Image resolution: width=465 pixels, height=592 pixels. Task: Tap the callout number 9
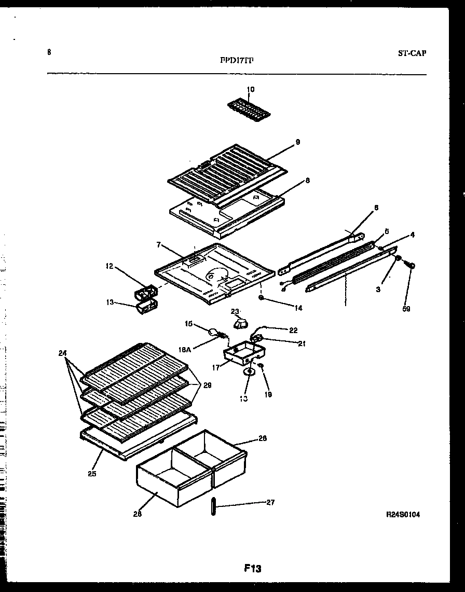click(x=298, y=141)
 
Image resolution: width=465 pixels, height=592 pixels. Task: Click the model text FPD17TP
click(x=237, y=60)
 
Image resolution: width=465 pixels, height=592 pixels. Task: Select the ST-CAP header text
click(x=413, y=53)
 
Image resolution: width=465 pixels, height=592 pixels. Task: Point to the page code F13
click(x=253, y=569)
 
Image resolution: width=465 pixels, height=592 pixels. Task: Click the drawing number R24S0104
click(x=403, y=515)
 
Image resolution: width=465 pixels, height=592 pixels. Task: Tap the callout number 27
click(x=270, y=502)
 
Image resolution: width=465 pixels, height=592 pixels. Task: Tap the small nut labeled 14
click(x=262, y=298)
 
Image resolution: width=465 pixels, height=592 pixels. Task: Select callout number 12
click(x=110, y=266)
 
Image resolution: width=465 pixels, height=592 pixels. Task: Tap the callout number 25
click(x=92, y=473)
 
